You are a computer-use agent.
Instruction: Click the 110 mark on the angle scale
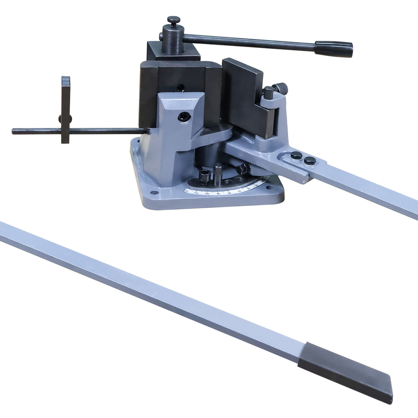pos(196,193)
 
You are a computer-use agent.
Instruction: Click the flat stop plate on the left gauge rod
pos(66,109)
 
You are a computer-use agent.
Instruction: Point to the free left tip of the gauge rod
pos(14,131)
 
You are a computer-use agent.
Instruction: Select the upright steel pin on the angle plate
pos(218,172)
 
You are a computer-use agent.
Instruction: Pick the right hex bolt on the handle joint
pos(310,160)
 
